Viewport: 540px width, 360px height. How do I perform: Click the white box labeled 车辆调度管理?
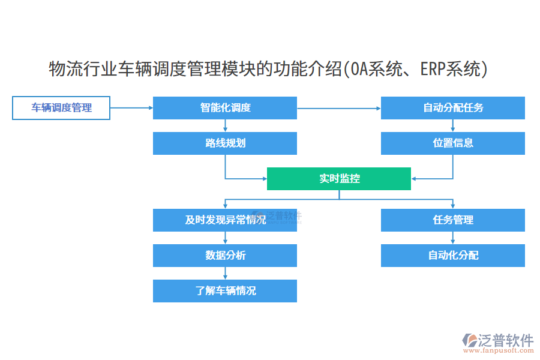pos(61,108)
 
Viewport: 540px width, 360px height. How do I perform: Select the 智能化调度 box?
pos(225,108)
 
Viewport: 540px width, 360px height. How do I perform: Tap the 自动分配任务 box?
pos(453,108)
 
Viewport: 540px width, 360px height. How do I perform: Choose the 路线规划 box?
pos(225,143)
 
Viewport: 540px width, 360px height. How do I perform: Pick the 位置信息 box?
pos(453,143)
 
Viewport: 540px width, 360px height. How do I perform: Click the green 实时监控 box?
pos(339,179)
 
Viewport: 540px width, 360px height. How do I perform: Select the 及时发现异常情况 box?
pos(225,220)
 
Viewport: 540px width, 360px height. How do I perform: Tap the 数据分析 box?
pos(225,256)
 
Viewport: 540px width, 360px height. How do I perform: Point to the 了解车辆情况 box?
pos(225,291)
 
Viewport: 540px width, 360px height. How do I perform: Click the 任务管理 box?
pos(453,220)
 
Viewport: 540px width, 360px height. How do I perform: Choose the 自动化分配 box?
pos(453,256)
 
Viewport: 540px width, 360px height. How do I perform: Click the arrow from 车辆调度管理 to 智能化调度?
pos(131,108)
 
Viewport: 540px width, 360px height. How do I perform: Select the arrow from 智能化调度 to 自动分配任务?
pos(339,108)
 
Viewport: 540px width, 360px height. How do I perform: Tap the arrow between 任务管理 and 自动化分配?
pos(453,238)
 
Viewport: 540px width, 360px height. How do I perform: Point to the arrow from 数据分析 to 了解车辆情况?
pos(225,273)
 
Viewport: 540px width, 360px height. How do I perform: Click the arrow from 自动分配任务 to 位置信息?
pos(453,125)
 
